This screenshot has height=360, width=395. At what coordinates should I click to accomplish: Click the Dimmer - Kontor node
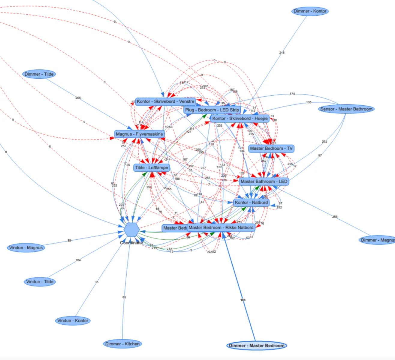(x=310, y=11)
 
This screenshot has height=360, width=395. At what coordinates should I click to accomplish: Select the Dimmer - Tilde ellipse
(x=39, y=74)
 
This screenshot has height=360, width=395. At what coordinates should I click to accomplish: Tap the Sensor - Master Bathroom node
(x=346, y=109)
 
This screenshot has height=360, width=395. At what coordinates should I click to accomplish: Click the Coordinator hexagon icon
(x=131, y=230)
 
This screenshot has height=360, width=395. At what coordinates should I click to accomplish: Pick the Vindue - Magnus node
(x=26, y=248)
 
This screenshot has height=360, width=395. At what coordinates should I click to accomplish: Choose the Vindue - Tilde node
(x=40, y=282)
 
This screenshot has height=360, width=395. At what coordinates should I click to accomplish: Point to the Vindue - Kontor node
(x=73, y=321)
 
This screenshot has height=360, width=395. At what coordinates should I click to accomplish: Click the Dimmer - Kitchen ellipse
(x=122, y=344)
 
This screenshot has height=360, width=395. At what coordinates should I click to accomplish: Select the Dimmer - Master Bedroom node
(x=257, y=346)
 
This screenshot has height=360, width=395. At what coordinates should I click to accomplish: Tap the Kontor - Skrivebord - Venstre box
(x=165, y=101)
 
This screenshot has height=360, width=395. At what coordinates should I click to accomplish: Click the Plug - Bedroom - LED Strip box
(x=212, y=110)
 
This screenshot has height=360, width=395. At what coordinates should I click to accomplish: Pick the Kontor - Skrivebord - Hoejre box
(x=240, y=118)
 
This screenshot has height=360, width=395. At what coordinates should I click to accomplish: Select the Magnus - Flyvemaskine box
(x=140, y=134)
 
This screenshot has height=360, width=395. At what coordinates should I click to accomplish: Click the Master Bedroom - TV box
(x=271, y=148)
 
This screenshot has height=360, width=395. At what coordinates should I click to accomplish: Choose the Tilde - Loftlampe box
(x=152, y=168)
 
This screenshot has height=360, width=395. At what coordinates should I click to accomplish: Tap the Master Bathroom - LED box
(x=264, y=181)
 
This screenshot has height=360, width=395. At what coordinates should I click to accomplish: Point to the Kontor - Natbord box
(x=251, y=202)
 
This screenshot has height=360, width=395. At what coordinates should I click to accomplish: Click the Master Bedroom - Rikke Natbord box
(x=221, y=228)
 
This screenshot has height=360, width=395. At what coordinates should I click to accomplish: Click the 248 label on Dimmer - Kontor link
(x=282, y=53)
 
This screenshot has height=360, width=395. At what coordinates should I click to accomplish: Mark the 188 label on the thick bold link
(x=243, y=300)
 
